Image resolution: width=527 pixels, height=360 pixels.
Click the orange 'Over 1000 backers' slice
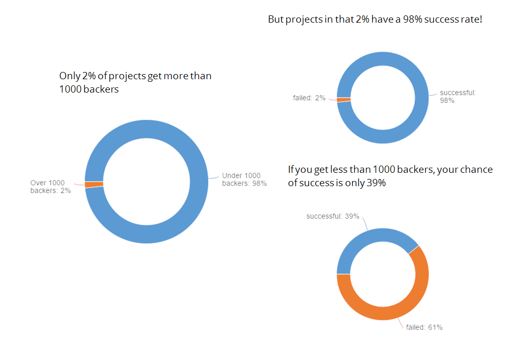coord(94,184)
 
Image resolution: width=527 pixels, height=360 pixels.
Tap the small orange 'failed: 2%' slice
coord(343,99)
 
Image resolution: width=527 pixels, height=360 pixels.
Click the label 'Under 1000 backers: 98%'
coord(244,179)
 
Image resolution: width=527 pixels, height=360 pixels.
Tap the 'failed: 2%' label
coord(309,98)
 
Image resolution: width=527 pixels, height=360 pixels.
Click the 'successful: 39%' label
coord(333,216)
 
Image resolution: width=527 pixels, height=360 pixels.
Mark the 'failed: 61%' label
coord(424,327)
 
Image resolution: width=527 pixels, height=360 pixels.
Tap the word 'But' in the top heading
coord(275,20)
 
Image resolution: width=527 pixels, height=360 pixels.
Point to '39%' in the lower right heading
coord(375,183)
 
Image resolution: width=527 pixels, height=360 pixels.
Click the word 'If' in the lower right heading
coord(291,169)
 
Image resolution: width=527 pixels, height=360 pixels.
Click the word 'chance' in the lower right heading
coord(477,169)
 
